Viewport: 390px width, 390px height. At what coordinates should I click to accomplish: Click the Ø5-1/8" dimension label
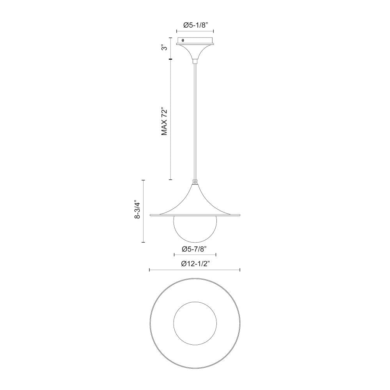[195, 25]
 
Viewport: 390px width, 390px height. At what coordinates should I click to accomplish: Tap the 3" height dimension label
[165, 48]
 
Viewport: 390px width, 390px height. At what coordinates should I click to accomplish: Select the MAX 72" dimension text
[165, 122]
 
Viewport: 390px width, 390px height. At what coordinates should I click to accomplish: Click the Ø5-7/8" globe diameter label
[195, 249]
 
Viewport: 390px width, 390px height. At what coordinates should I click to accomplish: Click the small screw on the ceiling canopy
[183, 40]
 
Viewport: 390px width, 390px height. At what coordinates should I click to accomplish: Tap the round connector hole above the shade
[195, 182]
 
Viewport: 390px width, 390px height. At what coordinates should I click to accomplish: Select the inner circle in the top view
[174, 323]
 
